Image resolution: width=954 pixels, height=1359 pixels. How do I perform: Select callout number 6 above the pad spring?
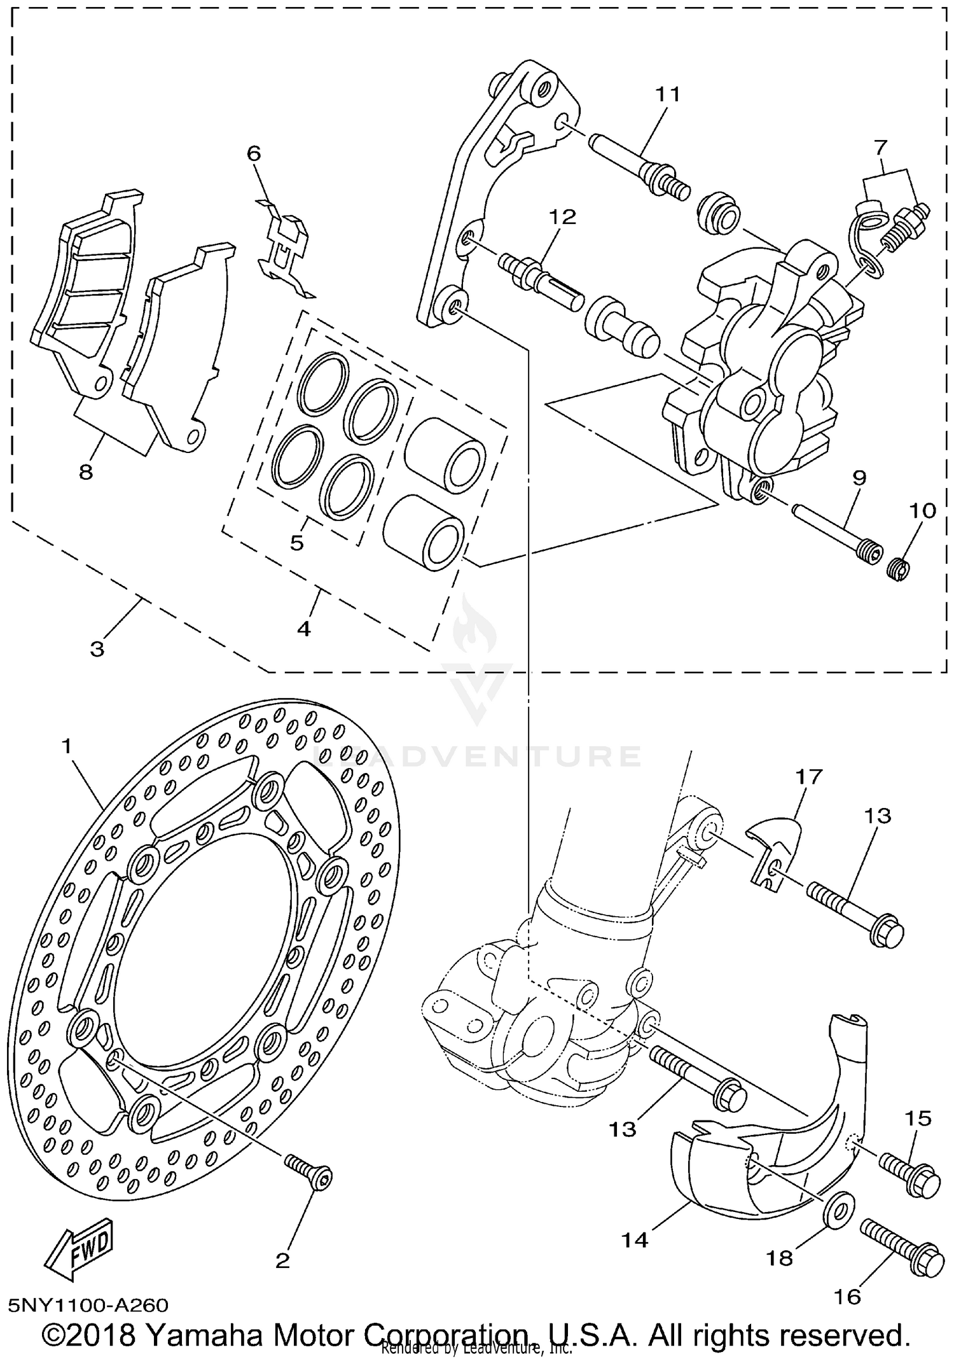pyautogui.click(x=254, y=153)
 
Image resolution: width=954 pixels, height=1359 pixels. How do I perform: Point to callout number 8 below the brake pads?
pyautogui.click(x=86, y=471)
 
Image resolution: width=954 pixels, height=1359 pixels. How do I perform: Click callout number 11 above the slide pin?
pyautogui.click(x=668, y=95)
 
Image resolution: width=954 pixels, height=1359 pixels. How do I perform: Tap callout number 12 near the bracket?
pyautogui.click(x=562, y=217)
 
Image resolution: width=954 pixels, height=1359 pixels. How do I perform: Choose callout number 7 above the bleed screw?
pyautogui.click(x=880, y=148)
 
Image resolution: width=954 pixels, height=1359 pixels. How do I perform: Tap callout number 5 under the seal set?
pyautogui.click(x=297, y=543)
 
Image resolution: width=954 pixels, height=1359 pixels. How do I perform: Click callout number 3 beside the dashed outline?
pyautogui.click(x=97, y=650)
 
